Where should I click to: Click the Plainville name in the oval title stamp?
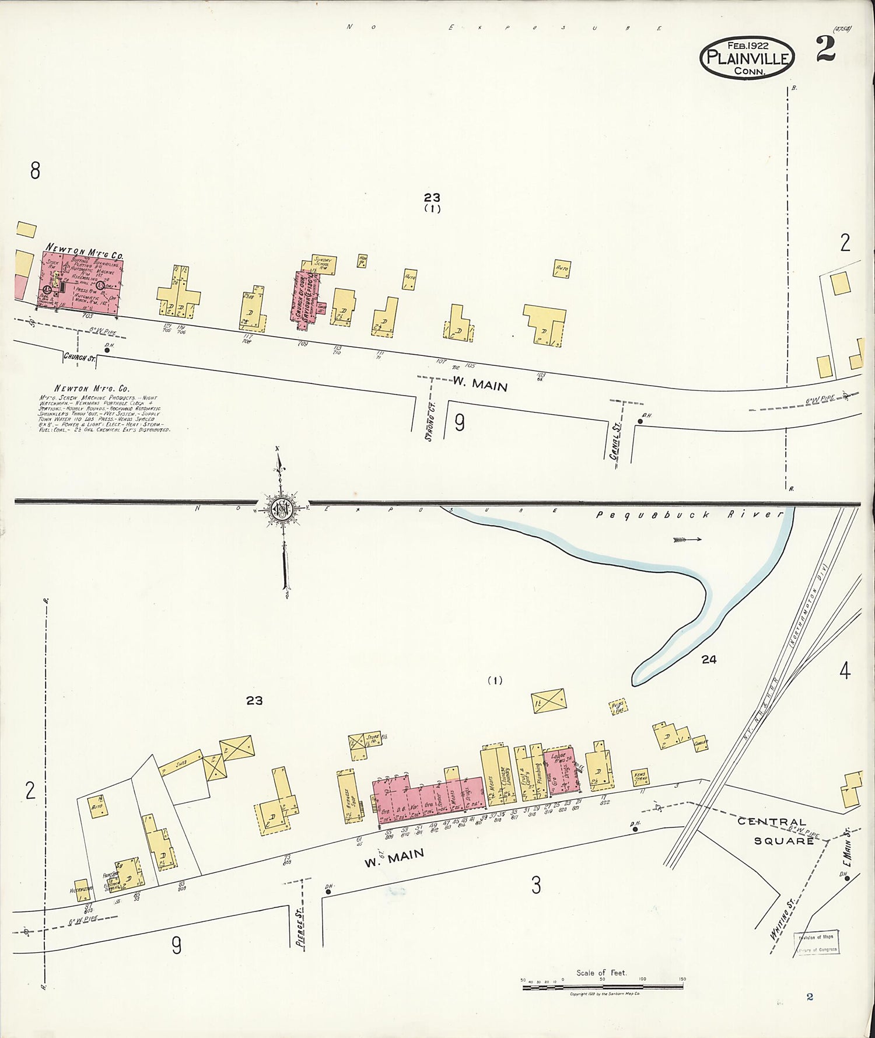747,58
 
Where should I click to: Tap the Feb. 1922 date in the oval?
747,45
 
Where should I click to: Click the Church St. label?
79,357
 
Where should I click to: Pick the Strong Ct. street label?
431,419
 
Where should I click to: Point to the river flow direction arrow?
686,540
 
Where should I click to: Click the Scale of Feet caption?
601,973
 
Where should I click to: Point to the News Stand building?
640,778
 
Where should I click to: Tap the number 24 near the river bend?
709,659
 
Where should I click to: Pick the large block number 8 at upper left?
35,171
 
